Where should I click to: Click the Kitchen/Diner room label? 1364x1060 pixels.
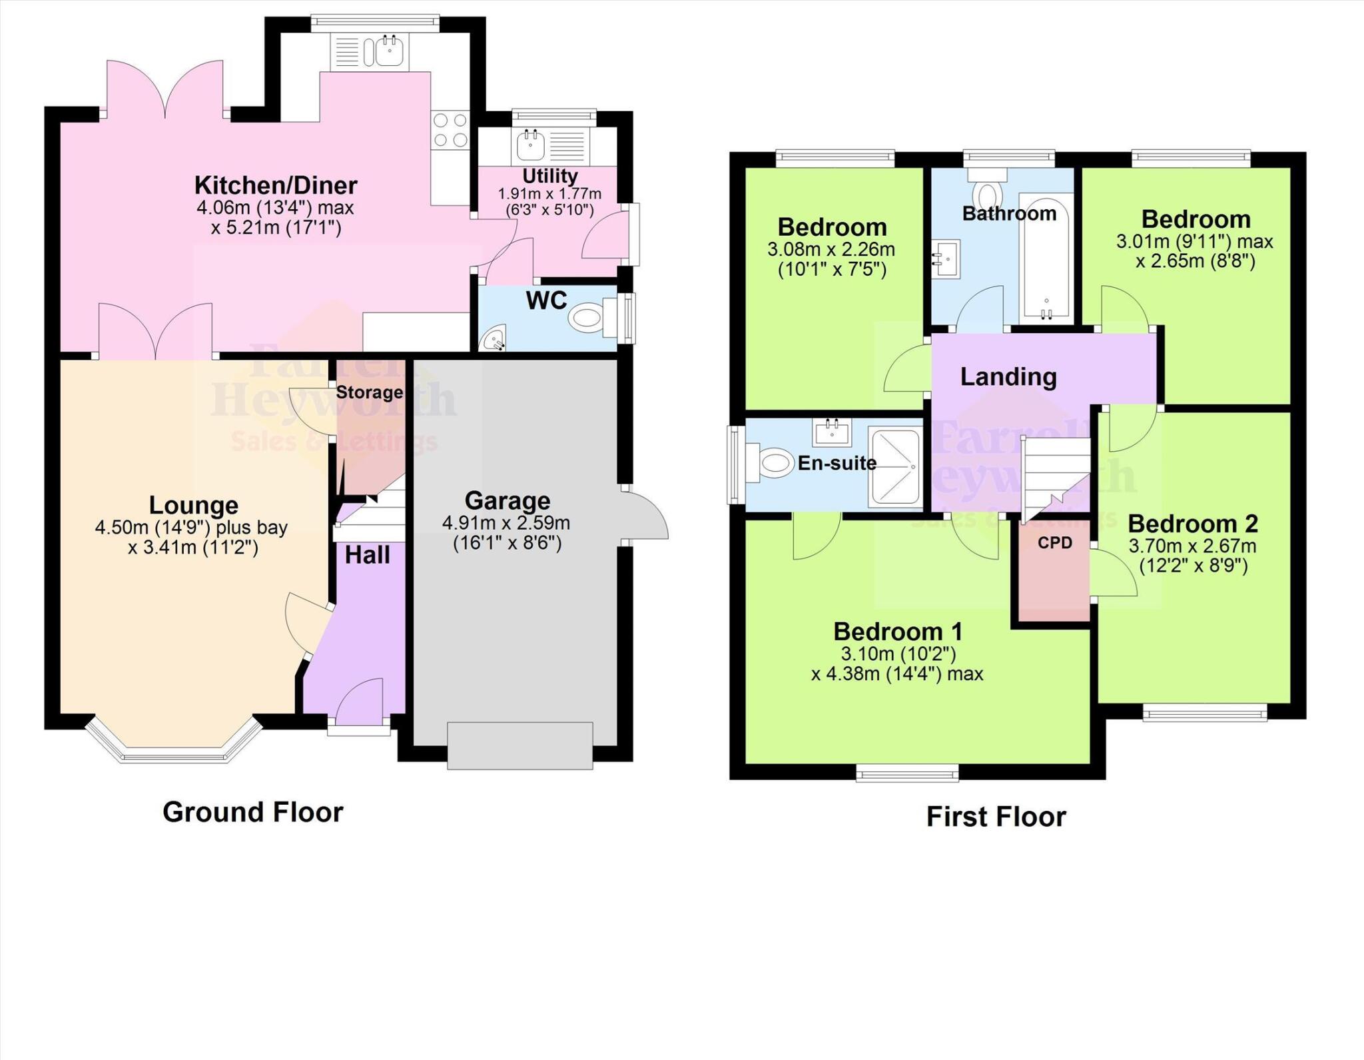point(276,185)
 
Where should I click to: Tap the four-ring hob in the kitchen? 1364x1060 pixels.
point(450,130)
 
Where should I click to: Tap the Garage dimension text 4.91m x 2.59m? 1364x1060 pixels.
point(506,523)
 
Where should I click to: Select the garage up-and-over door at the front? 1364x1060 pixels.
point(519,746)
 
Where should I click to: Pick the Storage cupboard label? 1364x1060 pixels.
point(369,392)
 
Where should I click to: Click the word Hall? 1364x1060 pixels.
point(367,555)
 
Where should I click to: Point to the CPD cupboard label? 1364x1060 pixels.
point(1055,543)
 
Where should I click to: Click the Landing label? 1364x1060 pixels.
point(1008,377)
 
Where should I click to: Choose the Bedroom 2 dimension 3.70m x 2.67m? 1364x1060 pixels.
point(1192,547)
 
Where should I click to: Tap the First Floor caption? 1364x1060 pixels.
point(996,817)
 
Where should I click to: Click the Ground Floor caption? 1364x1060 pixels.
point(253,812)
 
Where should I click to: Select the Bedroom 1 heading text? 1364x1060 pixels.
point(898,631)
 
